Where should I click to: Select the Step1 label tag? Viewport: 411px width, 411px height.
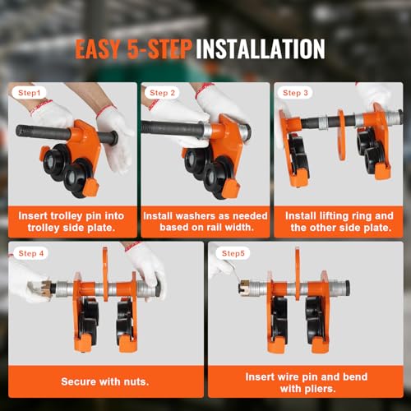click(30, 94)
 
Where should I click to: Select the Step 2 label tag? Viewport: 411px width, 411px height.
click(163, 94)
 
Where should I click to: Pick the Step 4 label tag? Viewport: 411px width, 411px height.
click(30, 254)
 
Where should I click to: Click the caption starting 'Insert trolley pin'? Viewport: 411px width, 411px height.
click(72, 221)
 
